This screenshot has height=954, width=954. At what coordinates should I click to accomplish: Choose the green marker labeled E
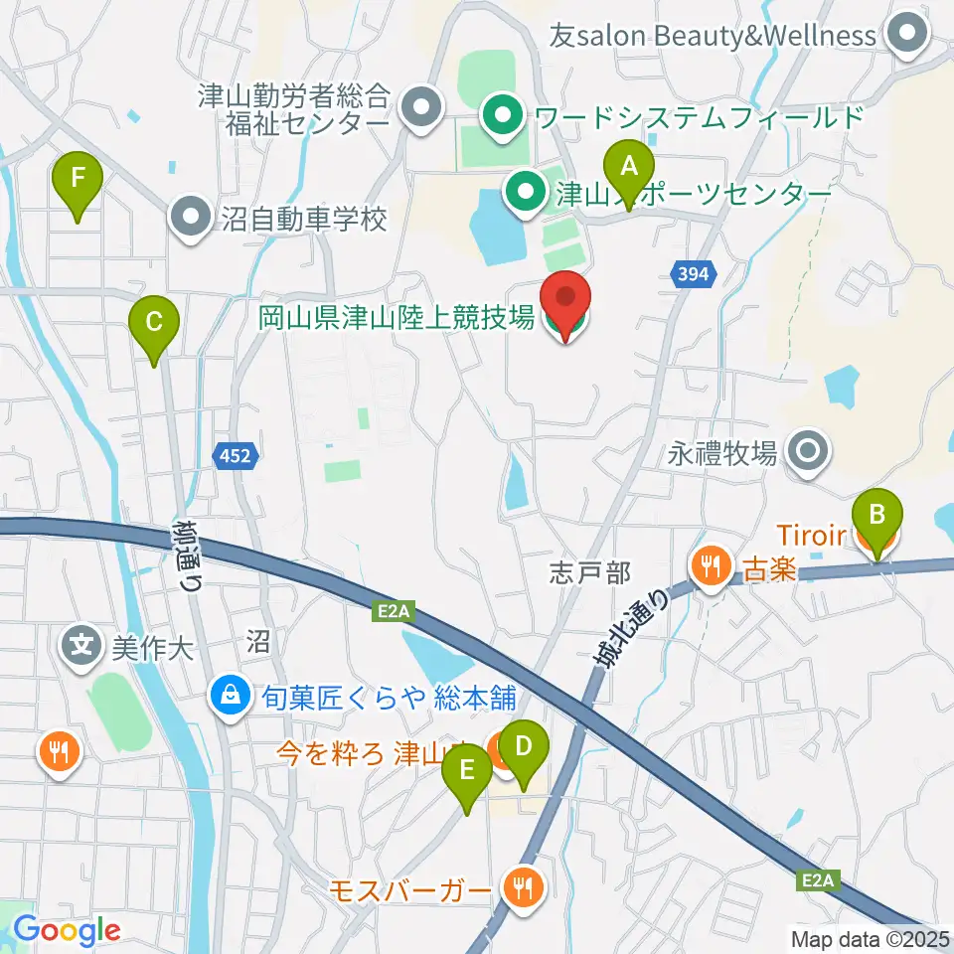click(x=468, y=772)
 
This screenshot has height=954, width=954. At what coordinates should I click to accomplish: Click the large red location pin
click(x=566, y=301)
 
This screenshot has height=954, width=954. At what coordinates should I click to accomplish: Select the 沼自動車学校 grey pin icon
click(x=190, y=218)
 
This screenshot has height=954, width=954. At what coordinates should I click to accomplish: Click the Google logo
click(x=67, y=931)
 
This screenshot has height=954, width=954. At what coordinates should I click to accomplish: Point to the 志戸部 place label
click(x=590, y=572)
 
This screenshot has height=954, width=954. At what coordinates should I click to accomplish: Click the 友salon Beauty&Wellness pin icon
click(x=906, y=35)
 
